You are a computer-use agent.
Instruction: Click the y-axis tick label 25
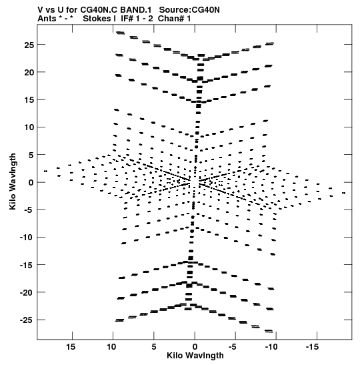(x=29, y=45)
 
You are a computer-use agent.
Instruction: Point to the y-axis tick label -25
(x=27, y=320)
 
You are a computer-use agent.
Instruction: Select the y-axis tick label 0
(x=31, y=183)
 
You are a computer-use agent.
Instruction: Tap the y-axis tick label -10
(x=27, y=238)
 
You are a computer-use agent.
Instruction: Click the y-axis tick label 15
(x=29, y=100)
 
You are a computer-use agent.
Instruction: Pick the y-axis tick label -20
(x=27, y=293)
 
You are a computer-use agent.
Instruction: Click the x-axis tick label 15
(x=71, y=347)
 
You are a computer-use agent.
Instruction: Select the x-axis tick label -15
(x=312, y=347)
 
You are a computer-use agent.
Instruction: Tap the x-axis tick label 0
(x=195, y=347)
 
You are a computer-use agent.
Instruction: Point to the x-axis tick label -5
(x=232, y=347)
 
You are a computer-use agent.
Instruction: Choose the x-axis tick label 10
(x=111, y=347)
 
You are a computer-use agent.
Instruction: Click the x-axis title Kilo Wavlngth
(x=195, y=356)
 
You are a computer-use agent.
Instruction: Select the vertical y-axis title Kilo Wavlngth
(x=13, y=181)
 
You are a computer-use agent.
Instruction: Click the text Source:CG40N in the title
(x=189, y=10)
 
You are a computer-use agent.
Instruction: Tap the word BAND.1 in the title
(x=136, y=10)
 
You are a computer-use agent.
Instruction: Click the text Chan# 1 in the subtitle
(x=174, y=19)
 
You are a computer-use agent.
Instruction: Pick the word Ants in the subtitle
(x=47, y=19)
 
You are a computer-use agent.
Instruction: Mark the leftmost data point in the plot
(x=45, y=171)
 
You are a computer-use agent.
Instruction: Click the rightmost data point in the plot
(x=344, y=193)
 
